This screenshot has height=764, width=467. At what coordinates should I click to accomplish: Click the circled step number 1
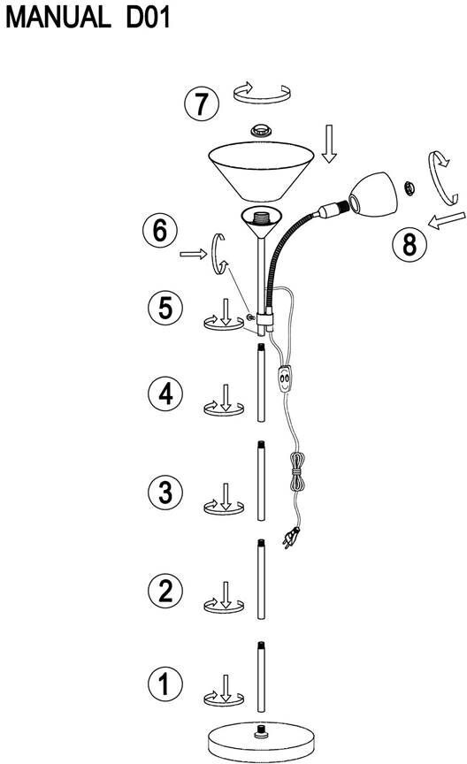coord(165,684)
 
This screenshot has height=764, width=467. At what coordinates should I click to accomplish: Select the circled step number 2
coord(165,590)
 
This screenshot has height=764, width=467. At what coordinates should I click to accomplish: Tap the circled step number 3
coord(165,492)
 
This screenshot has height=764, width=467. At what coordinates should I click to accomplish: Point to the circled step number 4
coord(165,393)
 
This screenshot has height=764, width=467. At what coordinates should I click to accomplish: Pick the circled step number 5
coord(165,308)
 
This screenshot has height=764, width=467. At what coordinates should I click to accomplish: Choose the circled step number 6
coord(160,230)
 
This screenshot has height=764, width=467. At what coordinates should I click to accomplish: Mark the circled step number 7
coord(202,103)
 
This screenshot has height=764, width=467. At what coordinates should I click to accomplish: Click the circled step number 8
coord(410,244)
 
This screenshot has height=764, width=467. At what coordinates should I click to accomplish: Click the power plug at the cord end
coord(292,539)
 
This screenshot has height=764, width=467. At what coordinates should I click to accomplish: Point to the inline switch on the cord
coord(285,378)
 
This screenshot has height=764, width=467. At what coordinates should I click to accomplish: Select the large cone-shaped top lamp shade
coord(261,171)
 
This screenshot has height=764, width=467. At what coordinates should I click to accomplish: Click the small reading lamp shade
coord(373,194)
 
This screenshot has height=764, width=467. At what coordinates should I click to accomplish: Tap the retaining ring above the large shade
coord(261,130)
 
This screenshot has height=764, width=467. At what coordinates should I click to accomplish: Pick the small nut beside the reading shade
coord(410,187)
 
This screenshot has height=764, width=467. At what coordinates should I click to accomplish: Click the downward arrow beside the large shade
coord(329,143)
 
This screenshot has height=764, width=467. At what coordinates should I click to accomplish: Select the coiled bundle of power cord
coord(297,471)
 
